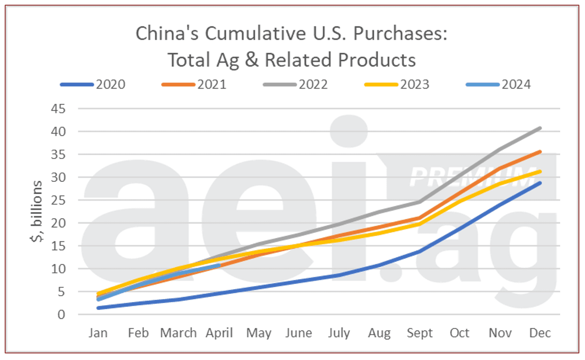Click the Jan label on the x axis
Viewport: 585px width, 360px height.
coord(98,333)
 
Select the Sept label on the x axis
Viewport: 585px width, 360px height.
coord(420,333)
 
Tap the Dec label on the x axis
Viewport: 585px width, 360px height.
coord(540,333)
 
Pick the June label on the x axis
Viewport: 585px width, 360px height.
coord(299,333)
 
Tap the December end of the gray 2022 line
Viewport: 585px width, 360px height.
coord(540,128)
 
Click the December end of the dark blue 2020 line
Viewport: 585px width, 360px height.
coord(540,183)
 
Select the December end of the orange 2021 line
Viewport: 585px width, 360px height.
coord(540,151)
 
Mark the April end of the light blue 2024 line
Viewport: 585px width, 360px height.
coord(219,265)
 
